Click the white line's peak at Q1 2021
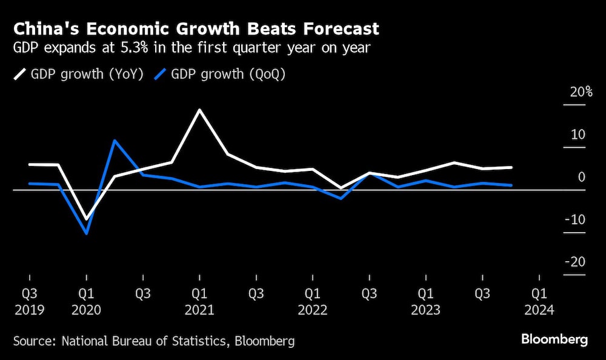(199, 110)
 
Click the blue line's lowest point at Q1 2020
(87, 233)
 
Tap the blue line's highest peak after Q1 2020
(115, 141)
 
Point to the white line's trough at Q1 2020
(87, 219)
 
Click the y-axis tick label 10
(578, 135)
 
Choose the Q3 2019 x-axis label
(29, 301)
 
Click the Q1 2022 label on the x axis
(312, 301)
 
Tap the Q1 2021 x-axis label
(199, 301)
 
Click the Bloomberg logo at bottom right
(554, 340)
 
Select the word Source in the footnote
(34, 341)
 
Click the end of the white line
(511, 167)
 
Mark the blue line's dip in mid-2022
(341, 198)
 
